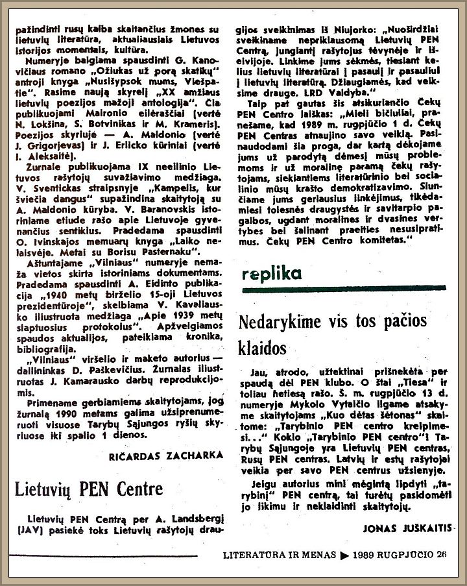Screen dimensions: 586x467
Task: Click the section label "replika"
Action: click(272, 273)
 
